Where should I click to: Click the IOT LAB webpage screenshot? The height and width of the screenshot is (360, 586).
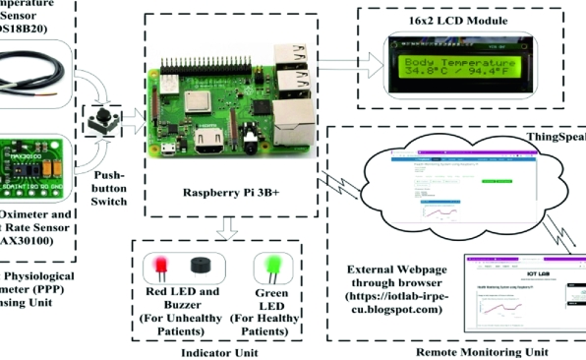[x=526, y=294]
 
